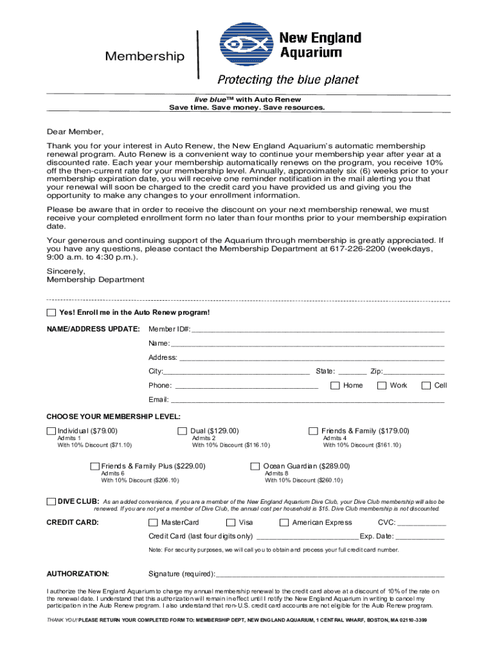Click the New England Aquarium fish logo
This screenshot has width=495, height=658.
pos(248,47)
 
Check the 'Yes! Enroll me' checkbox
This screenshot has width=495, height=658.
pos(51,313)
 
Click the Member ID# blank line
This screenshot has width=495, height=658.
pos(318,330)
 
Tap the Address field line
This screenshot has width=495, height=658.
pos(312,358)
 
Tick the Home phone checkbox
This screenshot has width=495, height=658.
pos(335,386)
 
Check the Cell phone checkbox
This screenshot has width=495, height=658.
pos(426,386)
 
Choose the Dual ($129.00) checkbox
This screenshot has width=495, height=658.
pos(182,431)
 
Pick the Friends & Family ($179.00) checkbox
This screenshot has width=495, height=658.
pos(313,431)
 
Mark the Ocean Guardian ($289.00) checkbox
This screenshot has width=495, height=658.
pos(255,467)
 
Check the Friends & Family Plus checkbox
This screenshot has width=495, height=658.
pos(94,467)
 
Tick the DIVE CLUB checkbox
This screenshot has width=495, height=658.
pos(51,501)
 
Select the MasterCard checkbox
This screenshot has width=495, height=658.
pos(153,523)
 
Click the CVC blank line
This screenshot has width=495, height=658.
pos(422,524)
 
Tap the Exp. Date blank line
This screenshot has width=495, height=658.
pos(420,537)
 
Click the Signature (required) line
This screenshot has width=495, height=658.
pos(330,574)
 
